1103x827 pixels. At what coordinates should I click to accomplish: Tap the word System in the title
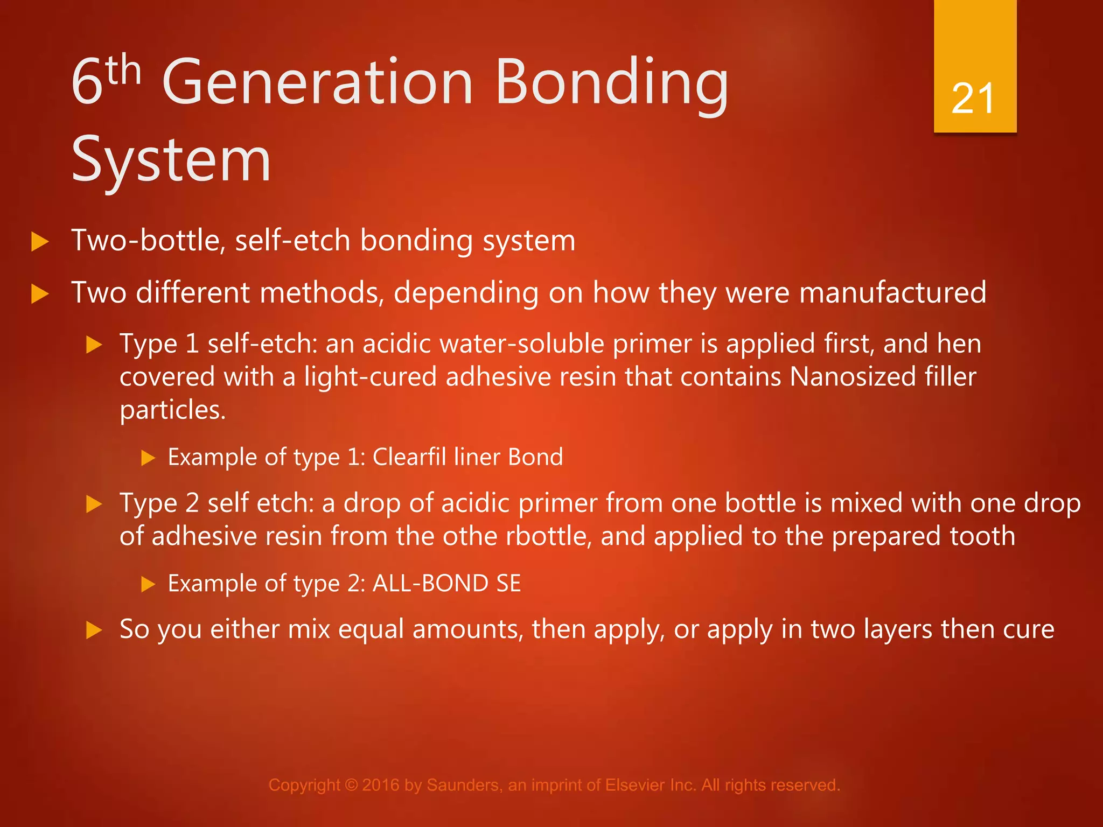[x=171, y=160]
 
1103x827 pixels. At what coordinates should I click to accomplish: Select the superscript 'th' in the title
[x=123, y=70]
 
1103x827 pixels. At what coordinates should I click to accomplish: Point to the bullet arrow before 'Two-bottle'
[x=40, y=241]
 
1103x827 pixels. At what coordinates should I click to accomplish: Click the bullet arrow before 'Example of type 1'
[x=148, y=458]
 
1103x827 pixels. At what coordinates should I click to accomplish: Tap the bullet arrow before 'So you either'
[x=94, y=630]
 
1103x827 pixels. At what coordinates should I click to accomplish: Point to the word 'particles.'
[x=172, y=410]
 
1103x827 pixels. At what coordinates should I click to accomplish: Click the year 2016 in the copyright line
[x=381, y=785]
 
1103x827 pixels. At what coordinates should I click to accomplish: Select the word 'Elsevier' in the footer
[x=636, y=785]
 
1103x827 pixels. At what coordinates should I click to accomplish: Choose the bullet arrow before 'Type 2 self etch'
[x=94, y=504]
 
